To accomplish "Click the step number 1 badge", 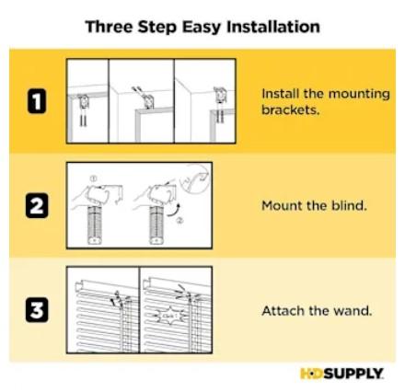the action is click(37, 101).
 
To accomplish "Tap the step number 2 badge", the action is click(37, 205).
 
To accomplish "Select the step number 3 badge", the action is click(37, 310).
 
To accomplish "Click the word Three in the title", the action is click(110, 27).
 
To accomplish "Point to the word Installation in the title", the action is click(273, 27).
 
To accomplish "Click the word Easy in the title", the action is click(202, 28).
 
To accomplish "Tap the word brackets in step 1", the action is click(290, 110).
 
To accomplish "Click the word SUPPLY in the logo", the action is click(353, 374).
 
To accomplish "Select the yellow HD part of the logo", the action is click(312, 374).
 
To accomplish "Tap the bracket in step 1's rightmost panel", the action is click(219, 95).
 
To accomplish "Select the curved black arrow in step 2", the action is click(173, 210).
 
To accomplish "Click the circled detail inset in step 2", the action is click(195, 179).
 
